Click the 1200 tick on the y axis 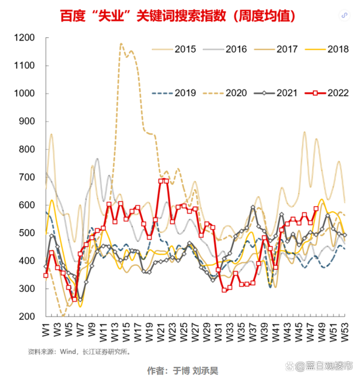pos(25,38)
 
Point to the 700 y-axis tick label pos(27,177)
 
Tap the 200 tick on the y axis pos(27,316)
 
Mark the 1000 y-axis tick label pos(25,93)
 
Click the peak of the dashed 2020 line pos(121,43)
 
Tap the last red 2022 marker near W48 pos(316,208)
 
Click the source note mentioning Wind pos(79,351)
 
